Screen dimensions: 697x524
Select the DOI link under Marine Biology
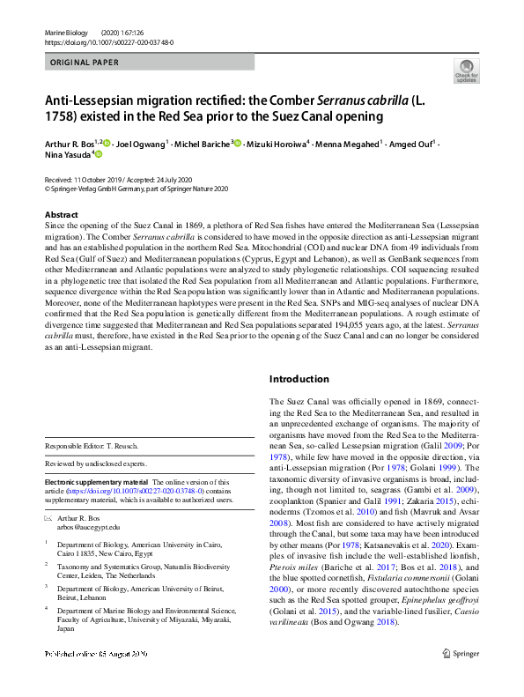point(108,41)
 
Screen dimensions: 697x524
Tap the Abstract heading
point(62,215)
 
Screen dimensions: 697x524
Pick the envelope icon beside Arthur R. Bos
point(48,519)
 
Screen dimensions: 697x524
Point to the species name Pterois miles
point(292,546)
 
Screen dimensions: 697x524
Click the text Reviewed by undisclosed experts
point(96,463)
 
